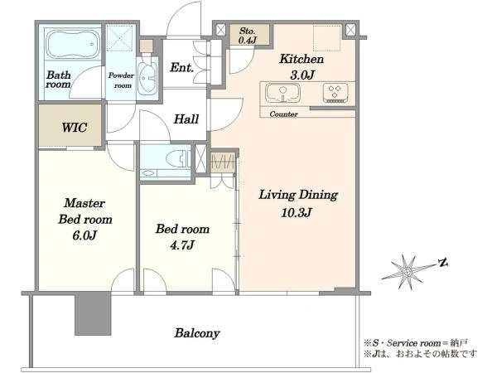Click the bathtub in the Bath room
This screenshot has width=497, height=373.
pyautogui.click(x=73, y=44)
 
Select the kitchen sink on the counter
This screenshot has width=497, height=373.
pyautogui.click(x=282, y=93)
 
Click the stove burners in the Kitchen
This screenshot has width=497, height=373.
pyautogui.click(x=335, y=92)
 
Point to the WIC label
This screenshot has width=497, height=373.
pyautogui.click(x=75, y=128)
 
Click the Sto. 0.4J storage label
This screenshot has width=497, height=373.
pyautogui.click(x=247, y=36)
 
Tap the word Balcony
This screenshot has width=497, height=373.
pyautogui.click(x=197, y=333)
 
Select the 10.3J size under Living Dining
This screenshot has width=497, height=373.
pyautogui.click(x=297, y=212)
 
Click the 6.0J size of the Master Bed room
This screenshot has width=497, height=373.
pyautogui.click(x=84, y=235)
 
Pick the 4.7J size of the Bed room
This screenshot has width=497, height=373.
pyautogui.click(x=182, y=245)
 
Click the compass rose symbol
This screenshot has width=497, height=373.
pyautogui.click(x=408, y=272)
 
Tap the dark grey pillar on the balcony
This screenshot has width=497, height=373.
pyautogui.click(x=93, y=314)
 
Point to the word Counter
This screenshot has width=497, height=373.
pyautogui.click(x=283, y=114)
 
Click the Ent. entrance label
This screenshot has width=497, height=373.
pyautogui.click(x=181, y=68)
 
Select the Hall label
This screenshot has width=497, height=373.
pyautogui.click(x=186, y=119)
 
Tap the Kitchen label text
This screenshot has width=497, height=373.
pyautogui.click(x=302, y=60)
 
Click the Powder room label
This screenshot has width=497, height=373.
pyautogui.click(x=121, y=80)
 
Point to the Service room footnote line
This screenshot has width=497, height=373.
pyautogui.click(x=415, y=343)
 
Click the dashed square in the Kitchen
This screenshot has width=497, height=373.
pyautogui.click(x=327, y=38)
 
